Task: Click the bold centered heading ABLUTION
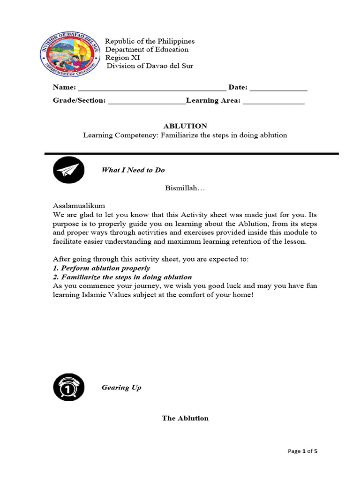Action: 185,126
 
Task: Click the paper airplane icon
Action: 69,170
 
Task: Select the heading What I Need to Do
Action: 133,170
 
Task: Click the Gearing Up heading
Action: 121,388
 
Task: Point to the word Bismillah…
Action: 185,188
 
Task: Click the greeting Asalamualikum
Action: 79,206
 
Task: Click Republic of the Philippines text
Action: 149,41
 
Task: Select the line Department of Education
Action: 147,50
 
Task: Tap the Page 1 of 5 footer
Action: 302,451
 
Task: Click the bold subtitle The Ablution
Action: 185,418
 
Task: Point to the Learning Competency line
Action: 185,135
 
